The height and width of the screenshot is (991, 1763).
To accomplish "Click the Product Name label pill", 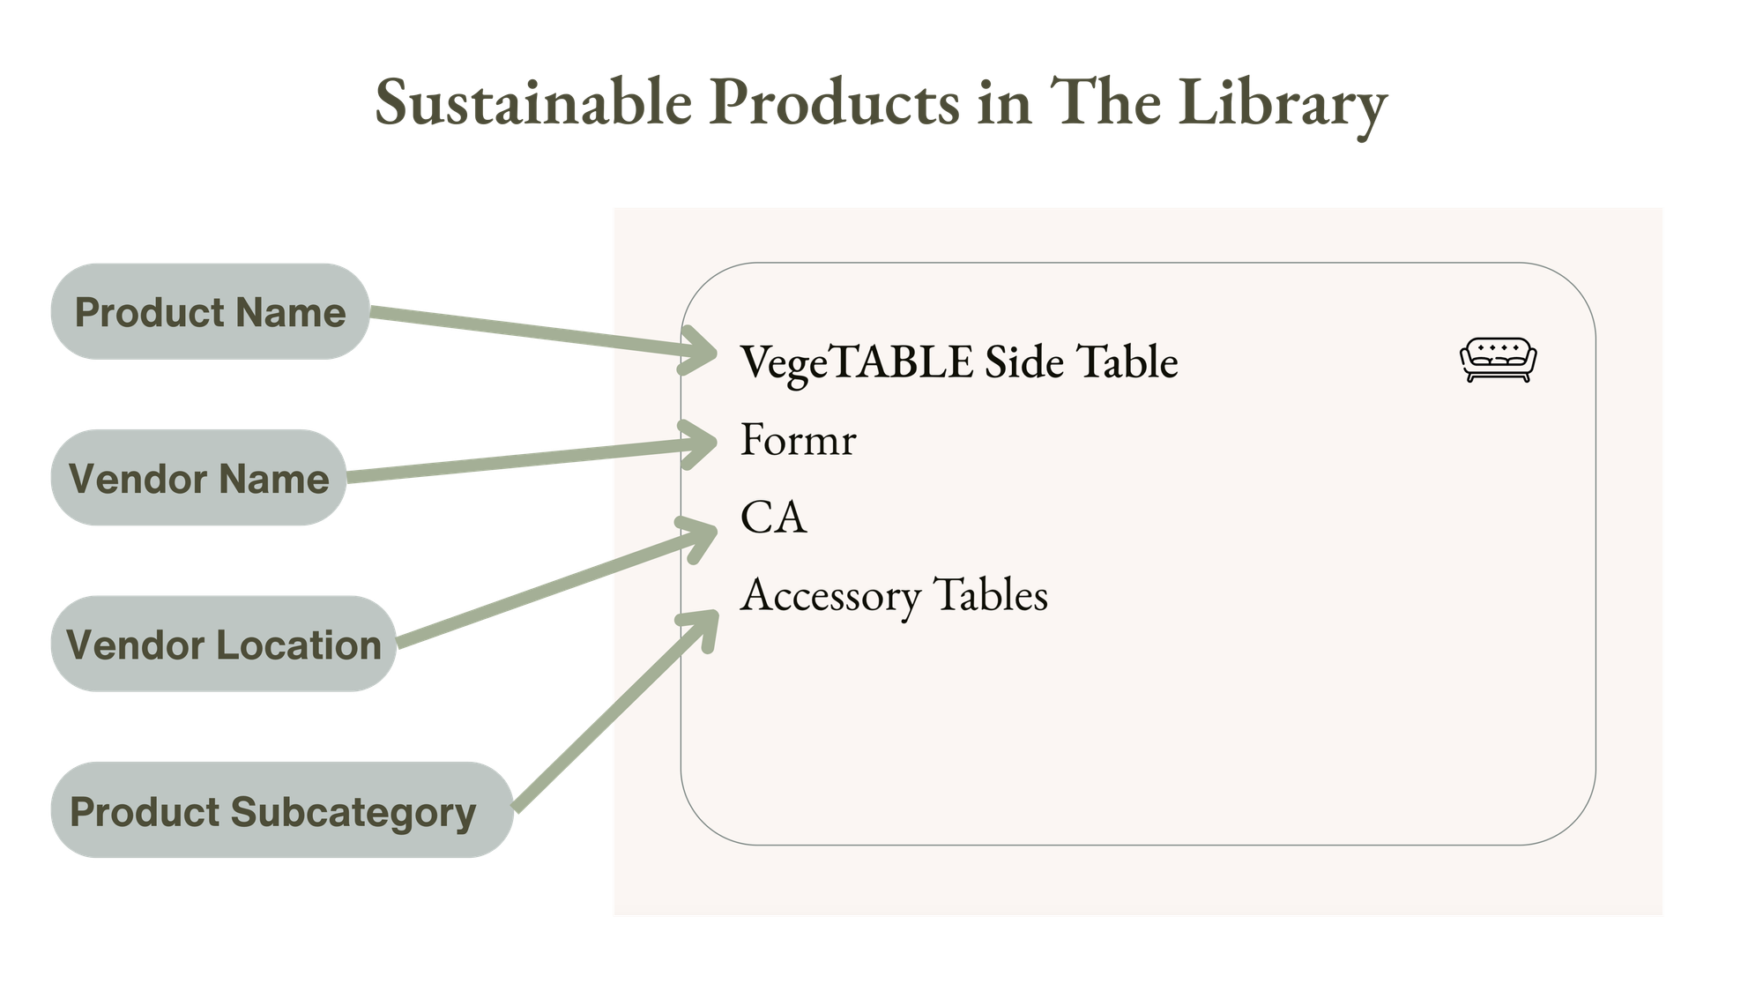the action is point(210,312).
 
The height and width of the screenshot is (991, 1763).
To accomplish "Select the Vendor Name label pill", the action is point(198,479).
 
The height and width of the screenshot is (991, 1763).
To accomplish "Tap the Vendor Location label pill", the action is point(223,645).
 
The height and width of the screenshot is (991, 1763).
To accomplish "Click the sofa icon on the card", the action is point(1498,361).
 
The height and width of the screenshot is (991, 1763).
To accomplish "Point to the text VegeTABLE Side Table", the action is point(958,361).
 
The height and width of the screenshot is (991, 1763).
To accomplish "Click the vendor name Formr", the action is point(798,439).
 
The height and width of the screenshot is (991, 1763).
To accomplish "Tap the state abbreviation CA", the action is point(773,518).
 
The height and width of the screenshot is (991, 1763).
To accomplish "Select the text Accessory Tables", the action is point(894,595).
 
